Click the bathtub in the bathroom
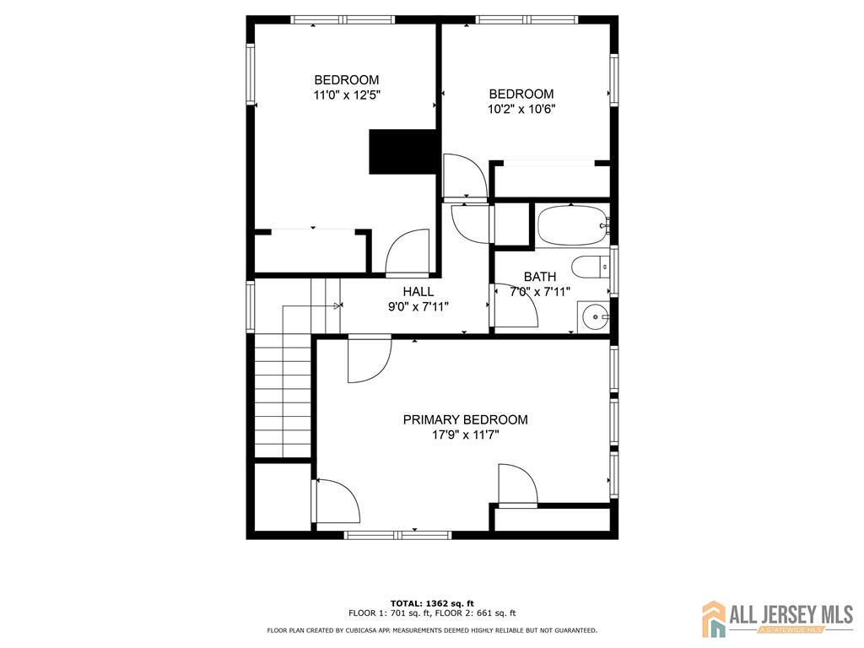click(573, 225)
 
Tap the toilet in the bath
click(591, 267)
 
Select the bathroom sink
click(593, 317)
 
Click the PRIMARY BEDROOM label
click(465, 420)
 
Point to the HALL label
click(418, 291)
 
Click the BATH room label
click(540, 277)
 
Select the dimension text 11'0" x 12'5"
click(347, 94)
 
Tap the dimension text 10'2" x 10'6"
click(521, 109)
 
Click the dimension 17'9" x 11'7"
click(466, 435)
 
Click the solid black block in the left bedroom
click(402, 152)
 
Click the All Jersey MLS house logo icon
click(714, 618)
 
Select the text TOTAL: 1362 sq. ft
click(432, 603)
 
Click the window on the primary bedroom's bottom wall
click(398, 534)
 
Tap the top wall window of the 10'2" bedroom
click(526, 20)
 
